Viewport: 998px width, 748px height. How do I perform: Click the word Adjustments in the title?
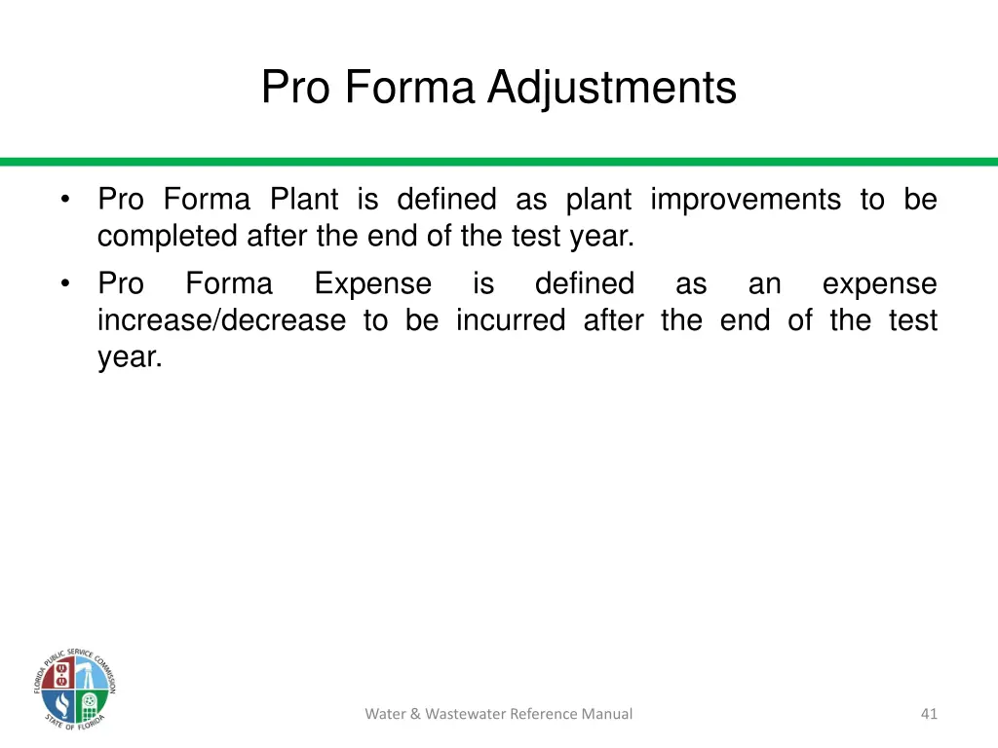[x=612, y=88]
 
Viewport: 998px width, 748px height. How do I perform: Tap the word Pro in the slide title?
[x=294, y=88]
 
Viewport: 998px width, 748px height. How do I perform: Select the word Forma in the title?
[x=407, y=88]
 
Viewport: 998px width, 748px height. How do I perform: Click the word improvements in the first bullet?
[x=746, y=200]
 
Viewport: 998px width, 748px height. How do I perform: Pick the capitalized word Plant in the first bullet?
[x=303, y=200]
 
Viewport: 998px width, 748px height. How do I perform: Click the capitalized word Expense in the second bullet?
[x=372, y=284]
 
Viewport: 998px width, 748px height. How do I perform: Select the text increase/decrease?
[x=221, y=320]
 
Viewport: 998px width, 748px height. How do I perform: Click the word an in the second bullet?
[x=765, y=284]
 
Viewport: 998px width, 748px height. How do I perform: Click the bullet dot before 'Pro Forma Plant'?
[x=64, y=201]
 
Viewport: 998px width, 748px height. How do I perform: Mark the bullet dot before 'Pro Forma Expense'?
[x=64, y=284]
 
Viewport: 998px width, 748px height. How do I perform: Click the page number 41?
[x=929, y=714]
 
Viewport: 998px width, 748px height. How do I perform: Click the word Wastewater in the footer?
[x=458, y=714]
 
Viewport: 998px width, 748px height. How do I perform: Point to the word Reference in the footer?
[x=542, y=714]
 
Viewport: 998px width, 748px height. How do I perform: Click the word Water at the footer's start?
[x=385, y=714]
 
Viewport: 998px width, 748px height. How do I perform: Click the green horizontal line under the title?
[x=499, y=162]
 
